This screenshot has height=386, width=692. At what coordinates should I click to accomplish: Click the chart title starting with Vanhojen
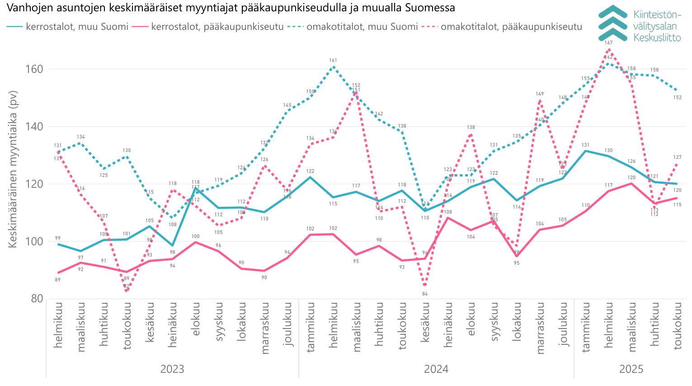231,8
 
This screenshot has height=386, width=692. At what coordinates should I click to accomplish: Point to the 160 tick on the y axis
37,69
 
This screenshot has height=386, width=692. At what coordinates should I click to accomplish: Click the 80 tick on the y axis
38,298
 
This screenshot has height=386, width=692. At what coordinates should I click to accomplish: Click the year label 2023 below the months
172,369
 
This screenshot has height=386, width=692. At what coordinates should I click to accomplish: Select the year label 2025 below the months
631,369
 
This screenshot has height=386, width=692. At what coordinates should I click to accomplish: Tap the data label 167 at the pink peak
609,43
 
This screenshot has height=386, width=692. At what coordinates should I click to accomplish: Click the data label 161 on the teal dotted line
333,61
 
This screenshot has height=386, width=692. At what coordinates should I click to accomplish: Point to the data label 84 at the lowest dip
425,294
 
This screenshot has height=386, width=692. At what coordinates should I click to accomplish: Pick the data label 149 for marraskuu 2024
540,94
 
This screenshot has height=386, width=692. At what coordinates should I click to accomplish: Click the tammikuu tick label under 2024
311,327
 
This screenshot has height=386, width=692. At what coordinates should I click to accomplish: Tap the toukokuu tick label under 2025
677,326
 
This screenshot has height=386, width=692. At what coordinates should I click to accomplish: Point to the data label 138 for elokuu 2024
471,128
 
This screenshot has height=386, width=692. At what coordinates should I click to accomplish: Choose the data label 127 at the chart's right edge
677,157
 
